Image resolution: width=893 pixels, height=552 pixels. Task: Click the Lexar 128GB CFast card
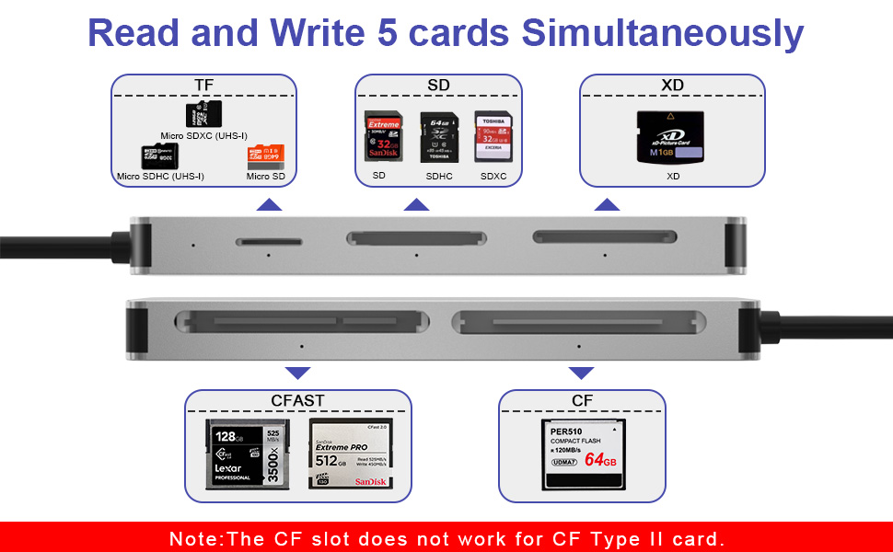click(x=247, y=454)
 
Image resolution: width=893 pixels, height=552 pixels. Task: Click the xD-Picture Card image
click(x=672, y=138)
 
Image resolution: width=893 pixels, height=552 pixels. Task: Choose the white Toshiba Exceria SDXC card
click(x=492, y=137)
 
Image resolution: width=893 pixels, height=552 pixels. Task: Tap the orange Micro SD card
click(x=263, y=155)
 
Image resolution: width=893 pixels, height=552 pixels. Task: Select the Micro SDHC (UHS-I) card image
click(x=156, y=156)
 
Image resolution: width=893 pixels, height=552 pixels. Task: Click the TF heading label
click(x=203, y=86)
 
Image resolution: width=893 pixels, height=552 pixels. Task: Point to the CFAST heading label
click(x=297, y=401)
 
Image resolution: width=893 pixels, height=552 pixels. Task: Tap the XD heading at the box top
click(x=672, y=86)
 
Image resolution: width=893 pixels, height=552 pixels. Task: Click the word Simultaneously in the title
click(x=663, y=33)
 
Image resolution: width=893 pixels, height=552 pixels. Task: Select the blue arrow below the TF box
click(x=269, y=204)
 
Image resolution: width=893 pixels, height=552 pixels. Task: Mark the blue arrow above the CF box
click(x=581, y=373)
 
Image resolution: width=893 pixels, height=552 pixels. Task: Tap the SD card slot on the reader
click(x=416, y=239)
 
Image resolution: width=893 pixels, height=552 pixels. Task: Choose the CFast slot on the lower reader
click(x=302, y=323)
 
